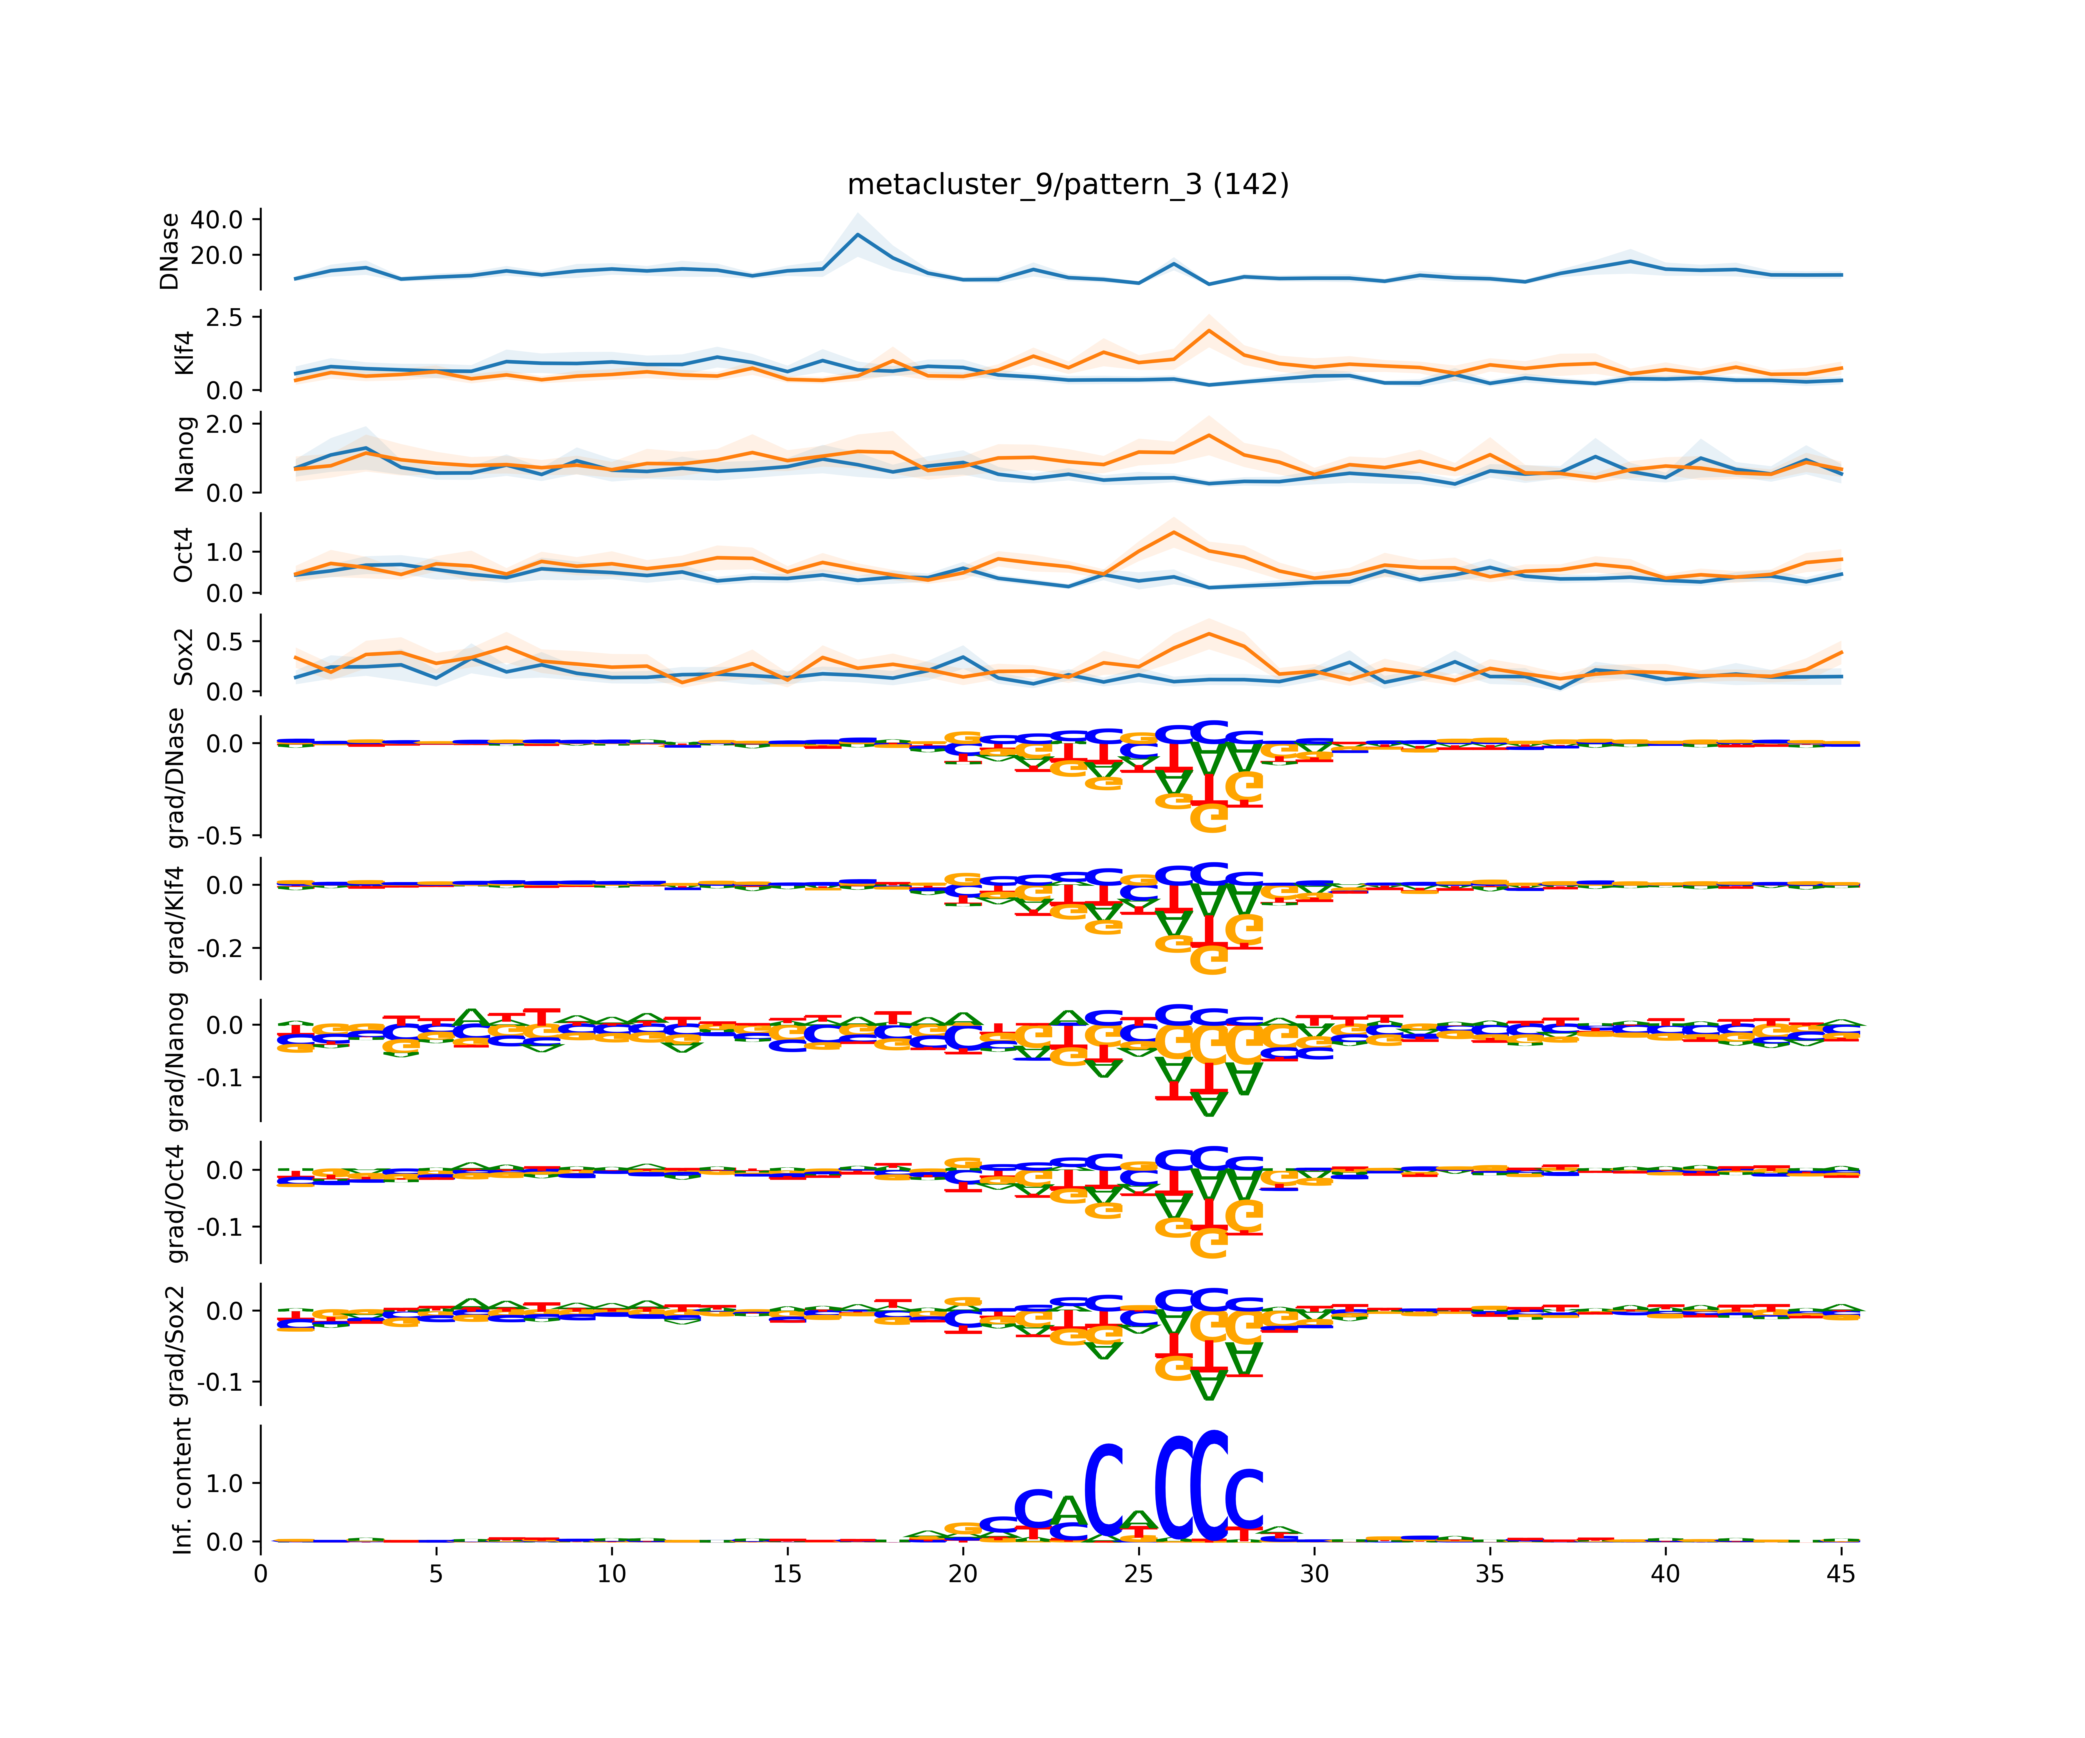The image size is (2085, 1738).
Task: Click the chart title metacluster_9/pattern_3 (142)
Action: click(1067, 185)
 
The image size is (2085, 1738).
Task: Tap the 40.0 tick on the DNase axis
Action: click(216, 220)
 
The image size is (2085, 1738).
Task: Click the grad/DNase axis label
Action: click(177, 778)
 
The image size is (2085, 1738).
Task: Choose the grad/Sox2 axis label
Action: click(177, 1346)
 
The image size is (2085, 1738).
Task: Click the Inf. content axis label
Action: click(183, 1486)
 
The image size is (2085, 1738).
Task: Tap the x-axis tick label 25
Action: click(1139, 1574)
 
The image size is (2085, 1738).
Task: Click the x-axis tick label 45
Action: click(1841, 1574)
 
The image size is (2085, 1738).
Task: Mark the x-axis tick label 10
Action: click(612, 1574)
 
